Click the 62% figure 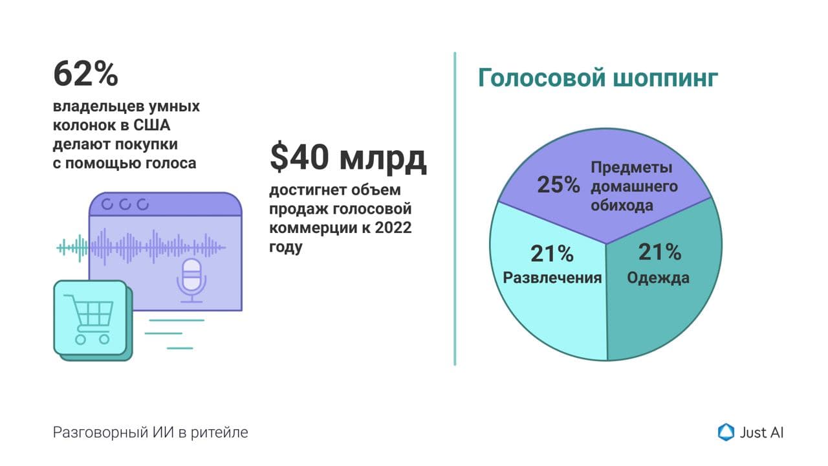[x=86, y=74]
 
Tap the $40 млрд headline [x=348, y=157]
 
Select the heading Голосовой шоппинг [x=598, y=78]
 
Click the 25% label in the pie [x=558, y=184]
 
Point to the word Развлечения [x=552, y=278]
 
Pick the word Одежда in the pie [x=658, y=278]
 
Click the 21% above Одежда [x=659, y=252]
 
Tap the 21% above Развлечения [x=552, y=254]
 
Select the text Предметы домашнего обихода [x=635, y=186]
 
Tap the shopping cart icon [x=89, y=320]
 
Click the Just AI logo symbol [x=726, y=432]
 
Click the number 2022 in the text [x=393, y=228]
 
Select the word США [x=151, y=126]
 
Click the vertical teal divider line [x=455, y=209]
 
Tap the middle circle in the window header [x=125, y=204]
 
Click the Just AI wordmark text [x=761, y=433]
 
